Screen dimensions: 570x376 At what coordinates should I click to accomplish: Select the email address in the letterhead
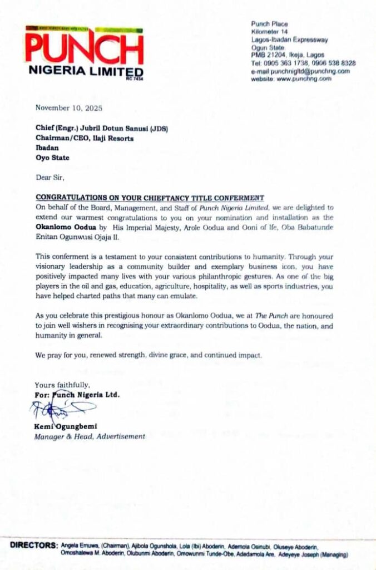tap(300, 71)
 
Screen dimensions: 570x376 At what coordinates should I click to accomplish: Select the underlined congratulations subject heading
tap(150, 198)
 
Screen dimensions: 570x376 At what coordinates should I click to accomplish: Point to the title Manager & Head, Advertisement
tap(90, 436)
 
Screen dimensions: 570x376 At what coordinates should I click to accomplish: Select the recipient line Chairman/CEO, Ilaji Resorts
tap(85, 138)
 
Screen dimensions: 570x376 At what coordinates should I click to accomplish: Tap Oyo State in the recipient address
tap(53, 158)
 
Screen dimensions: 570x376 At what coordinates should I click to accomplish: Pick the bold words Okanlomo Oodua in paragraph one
tap(68, 227)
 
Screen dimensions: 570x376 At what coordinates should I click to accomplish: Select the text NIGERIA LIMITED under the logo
tap(86, 72)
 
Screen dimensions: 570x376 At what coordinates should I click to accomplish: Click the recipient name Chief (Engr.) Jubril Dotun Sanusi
tap(101, 129)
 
